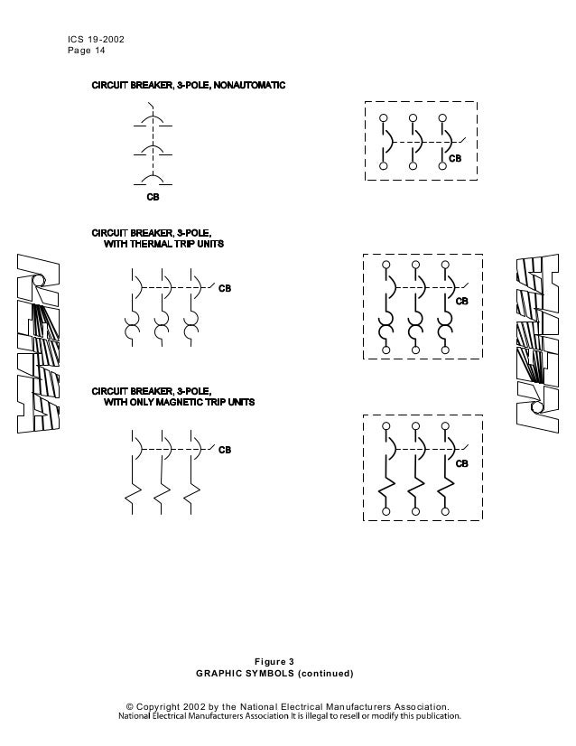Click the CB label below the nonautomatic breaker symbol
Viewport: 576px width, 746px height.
click(153, 195)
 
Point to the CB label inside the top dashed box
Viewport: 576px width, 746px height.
click(456, 158)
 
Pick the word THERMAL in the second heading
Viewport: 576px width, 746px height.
click(158, 245)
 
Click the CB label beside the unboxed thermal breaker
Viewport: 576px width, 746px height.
click(225, 289)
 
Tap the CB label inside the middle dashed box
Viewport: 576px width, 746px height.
click(460, 300)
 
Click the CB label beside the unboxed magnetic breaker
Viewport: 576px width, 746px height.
click(225, 449)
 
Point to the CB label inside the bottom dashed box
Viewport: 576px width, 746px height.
click(460, 463)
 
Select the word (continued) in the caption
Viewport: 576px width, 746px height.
click(323, 674)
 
